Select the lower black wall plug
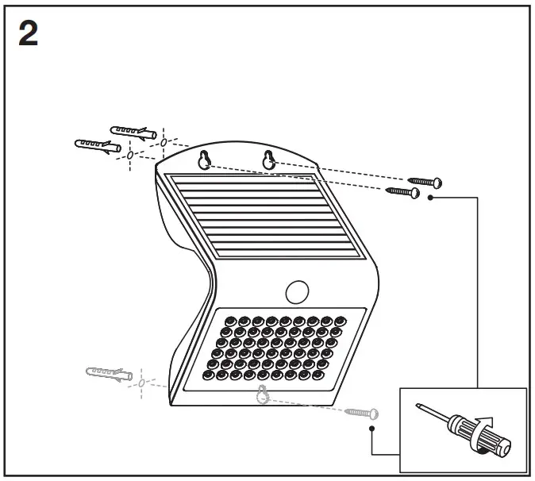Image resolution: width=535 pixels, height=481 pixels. tap(97, 147)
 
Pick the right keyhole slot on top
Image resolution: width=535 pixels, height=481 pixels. tap(269, 160)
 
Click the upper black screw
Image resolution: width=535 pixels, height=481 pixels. tap(424, 182)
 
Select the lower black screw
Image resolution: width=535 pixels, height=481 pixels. tap(402, 191)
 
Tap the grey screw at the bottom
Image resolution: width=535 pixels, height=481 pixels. tap(362, 413)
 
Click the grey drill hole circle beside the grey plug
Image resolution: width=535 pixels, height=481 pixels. tap(142, 383)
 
